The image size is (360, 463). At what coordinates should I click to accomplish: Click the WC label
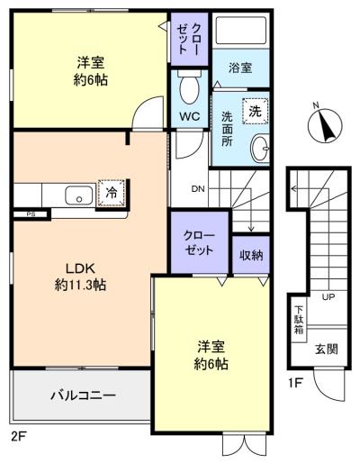190,116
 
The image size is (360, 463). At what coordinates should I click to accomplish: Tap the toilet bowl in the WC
189,87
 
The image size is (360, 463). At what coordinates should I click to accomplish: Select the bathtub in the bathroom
241,31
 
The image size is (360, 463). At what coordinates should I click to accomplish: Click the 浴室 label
240,68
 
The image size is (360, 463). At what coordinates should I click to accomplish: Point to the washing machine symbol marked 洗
255,111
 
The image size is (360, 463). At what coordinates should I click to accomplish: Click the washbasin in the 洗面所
260,149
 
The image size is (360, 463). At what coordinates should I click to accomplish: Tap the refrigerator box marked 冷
112,193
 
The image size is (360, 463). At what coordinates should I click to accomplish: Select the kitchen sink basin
79,195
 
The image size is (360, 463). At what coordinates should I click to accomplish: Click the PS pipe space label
31,214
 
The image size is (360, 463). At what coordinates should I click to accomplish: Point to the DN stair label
198,189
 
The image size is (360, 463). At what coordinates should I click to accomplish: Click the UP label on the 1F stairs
328,297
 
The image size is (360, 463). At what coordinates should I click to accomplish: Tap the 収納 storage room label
251,255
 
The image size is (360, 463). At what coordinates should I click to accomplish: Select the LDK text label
80,268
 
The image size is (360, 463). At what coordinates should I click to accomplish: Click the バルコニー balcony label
83,395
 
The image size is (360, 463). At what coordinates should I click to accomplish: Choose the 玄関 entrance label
327,350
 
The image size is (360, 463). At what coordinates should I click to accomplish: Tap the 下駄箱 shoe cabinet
299,320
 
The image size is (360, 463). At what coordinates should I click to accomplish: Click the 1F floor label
295,384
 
